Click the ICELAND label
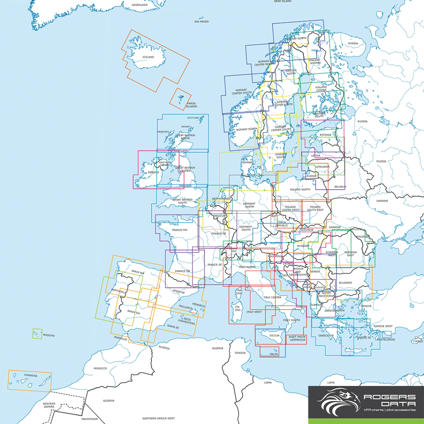coord(148,57)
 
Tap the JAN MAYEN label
coord(201,21)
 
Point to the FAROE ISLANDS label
coord(191,105)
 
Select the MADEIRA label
coord(48,335)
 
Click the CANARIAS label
coord(30,376)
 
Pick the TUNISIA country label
coord(240,353)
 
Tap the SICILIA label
coord(275,336)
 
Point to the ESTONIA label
coord(325,135)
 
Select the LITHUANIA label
coord(323,166)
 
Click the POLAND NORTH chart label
coord(300,189)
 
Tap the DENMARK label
coord(248,163)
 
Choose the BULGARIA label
coord(345,283)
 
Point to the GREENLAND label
coord(140,5)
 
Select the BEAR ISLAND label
coord(283,1)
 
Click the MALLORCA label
coord(185,308)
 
